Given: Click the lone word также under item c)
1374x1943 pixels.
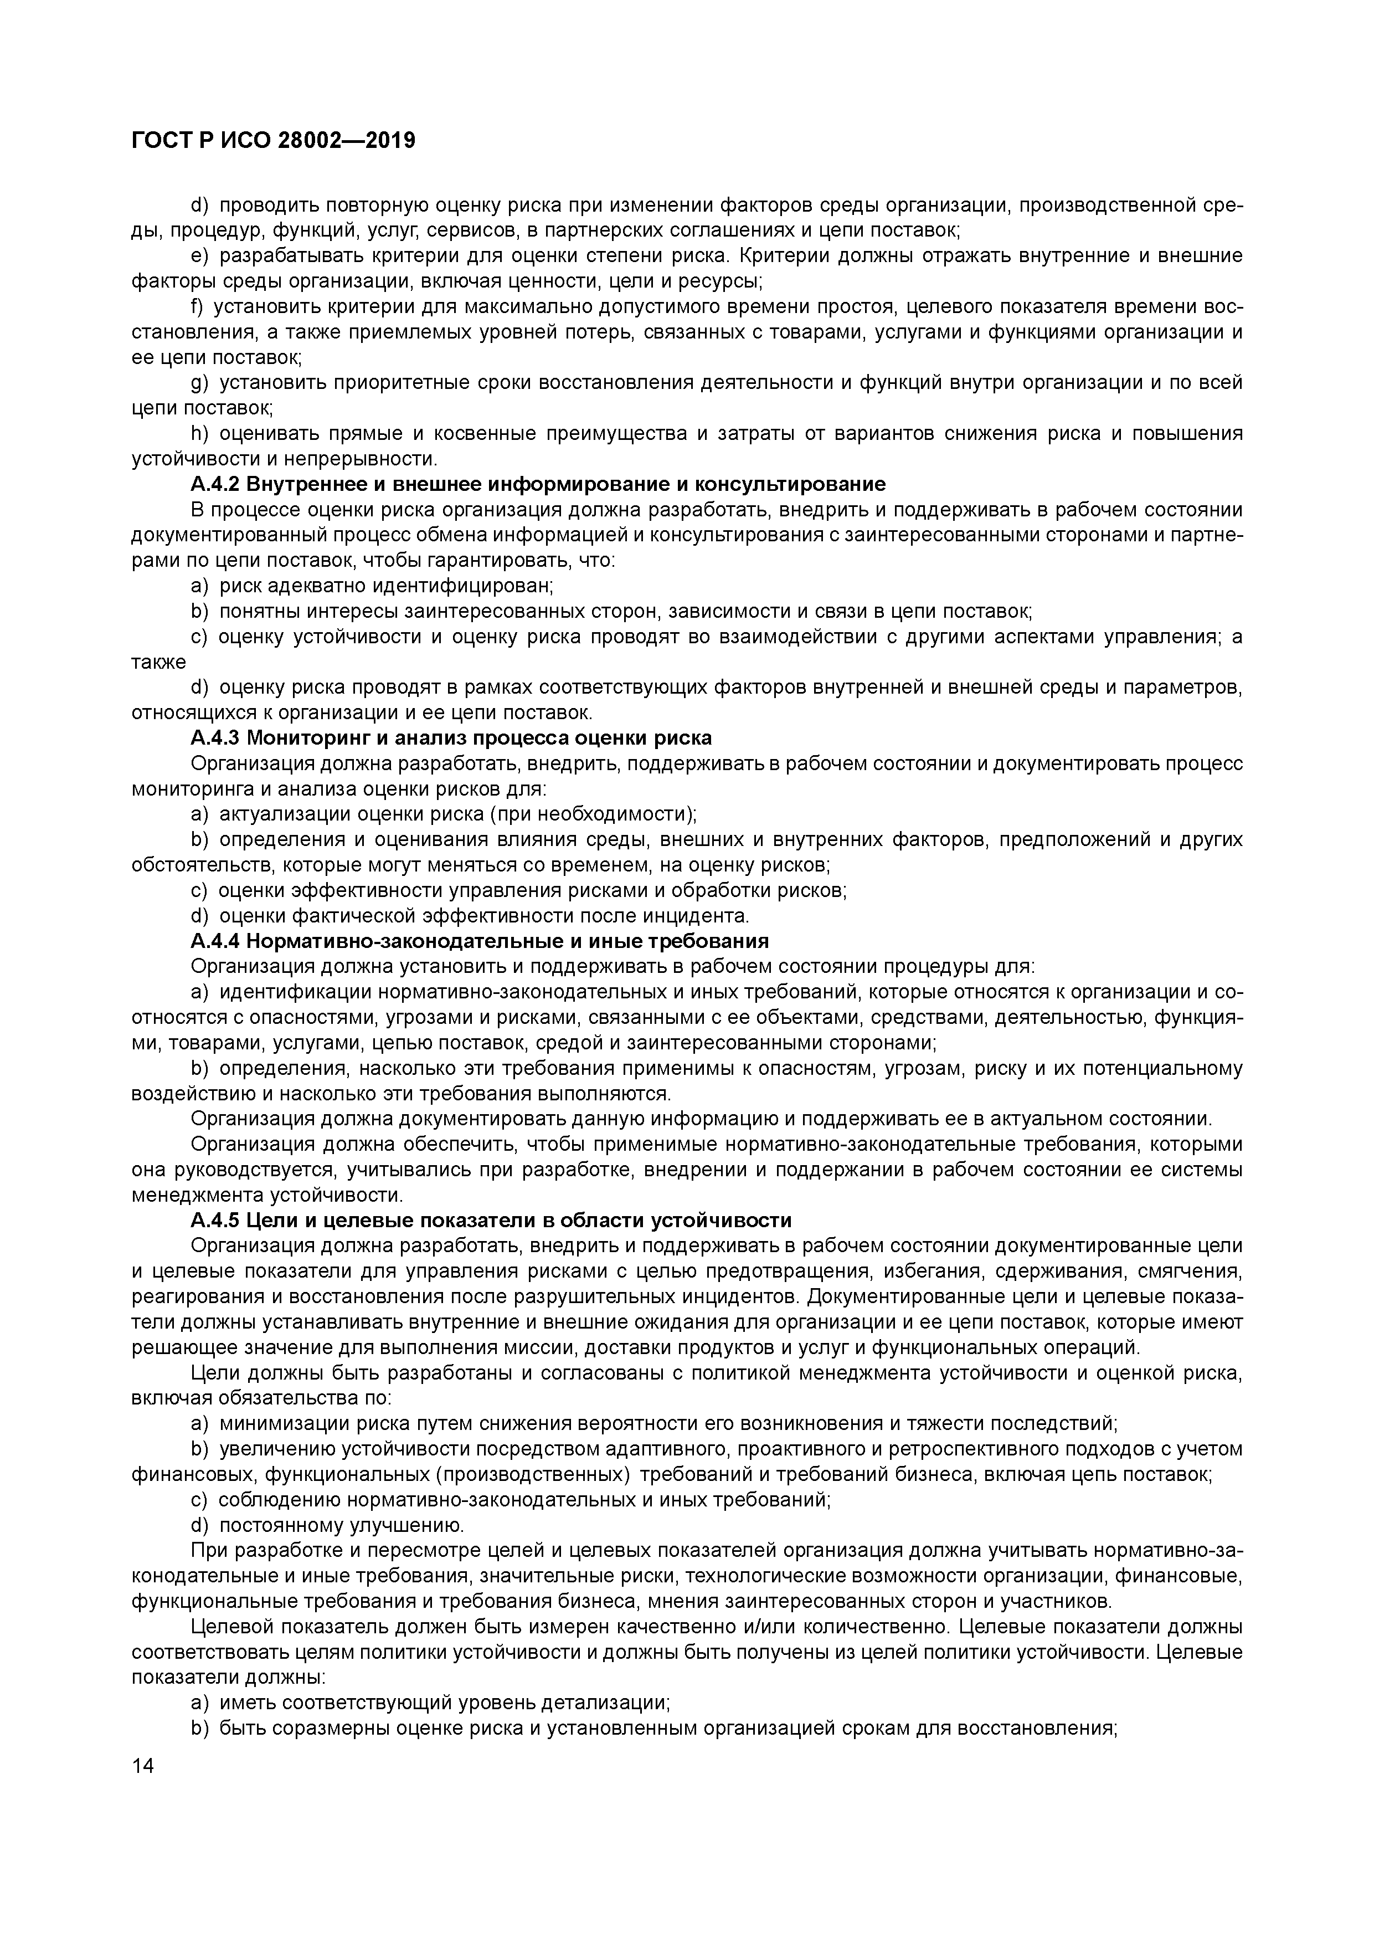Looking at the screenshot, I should click(x=158, y=661).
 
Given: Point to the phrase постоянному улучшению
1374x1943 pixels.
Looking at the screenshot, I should click(x=341, y=1524).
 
